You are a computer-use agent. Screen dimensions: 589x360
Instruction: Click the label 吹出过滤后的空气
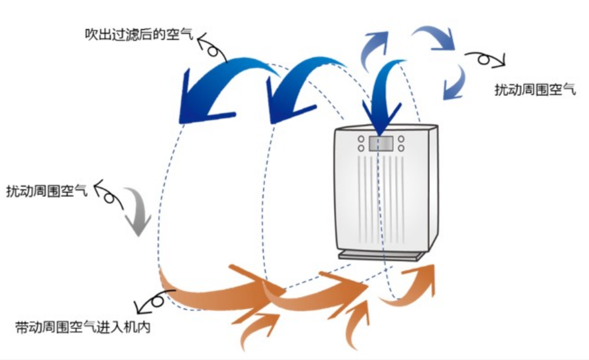pyautogui.click(x=139, y=34)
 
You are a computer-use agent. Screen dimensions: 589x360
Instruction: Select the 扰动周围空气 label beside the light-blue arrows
pyautogui.click(x=535, y=89)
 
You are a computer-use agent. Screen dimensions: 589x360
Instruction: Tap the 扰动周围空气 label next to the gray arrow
pyautogui.click(x=47, y=191)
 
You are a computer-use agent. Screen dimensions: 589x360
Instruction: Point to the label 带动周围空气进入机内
pyautogui.click(x=83, y=327)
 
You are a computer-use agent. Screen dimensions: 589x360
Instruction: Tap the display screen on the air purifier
pyautogui.click(x=381, y=143)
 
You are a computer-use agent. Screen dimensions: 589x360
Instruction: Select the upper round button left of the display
pyautogui.click(x=361, y=139)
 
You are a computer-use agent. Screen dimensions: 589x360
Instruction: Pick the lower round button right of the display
pyautogui.click(x=401, y=148)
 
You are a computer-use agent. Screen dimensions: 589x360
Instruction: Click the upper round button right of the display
pyautogui.click(x=401, y=139)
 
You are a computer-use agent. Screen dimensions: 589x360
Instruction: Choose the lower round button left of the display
pyautogui.click(x=361, y=148)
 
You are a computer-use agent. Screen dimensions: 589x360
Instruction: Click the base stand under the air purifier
pyautogui.click(x=382, y=256)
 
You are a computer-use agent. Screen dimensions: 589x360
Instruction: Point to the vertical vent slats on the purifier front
pyautogui.click(x=381, y=199)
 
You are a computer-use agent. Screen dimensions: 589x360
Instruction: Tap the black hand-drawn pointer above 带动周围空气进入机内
pyautogui.click(x=154, y=301)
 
